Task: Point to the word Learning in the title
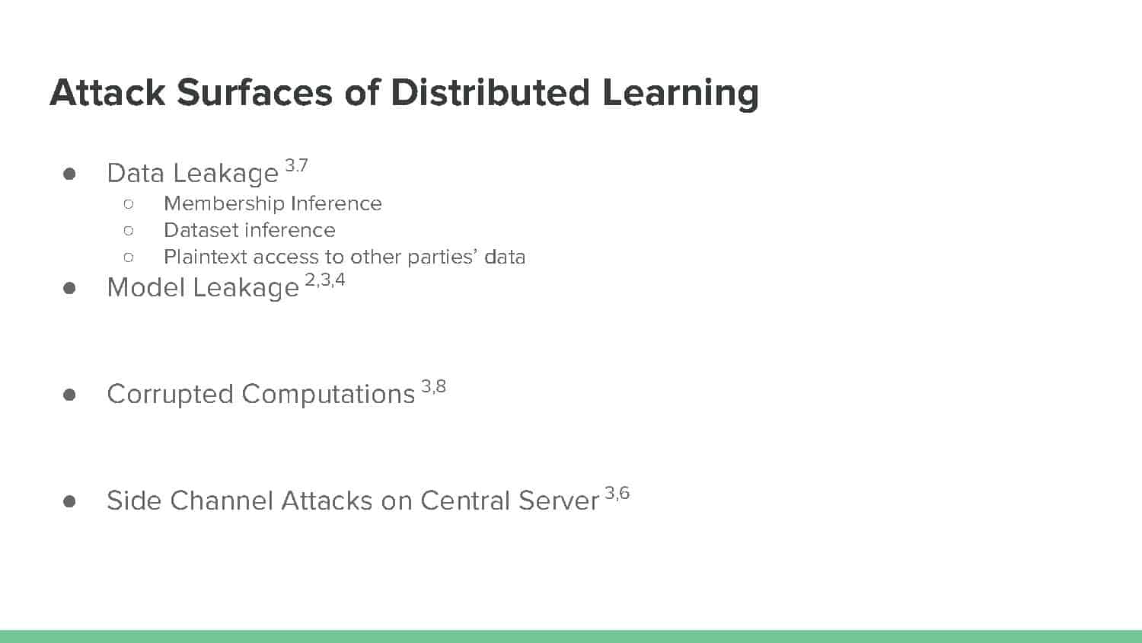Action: click(x=681, y=94)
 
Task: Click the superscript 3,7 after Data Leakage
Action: click(x=296, y=165)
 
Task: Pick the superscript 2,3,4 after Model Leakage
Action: click(x=325, y=280)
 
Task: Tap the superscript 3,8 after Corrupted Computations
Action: click(x=433, y=386)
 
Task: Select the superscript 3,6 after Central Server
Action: click(x=617, y=493)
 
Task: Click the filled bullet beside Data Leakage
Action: click(x=69, y=174)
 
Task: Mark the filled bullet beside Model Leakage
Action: click(x=69, y=288)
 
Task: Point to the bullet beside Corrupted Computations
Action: click(x=69, y=395)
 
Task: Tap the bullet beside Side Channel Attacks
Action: click(x=69, y=501)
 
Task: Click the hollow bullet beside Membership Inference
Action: click(x=129, y=204)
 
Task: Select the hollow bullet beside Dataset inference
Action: click(x=129, y=231)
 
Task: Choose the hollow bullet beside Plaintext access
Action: click(x=129, y=258)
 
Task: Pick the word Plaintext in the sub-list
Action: click(x=206, y=257)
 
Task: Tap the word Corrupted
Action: click(x=171, y=395)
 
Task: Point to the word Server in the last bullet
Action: click(x=559, y=501)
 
